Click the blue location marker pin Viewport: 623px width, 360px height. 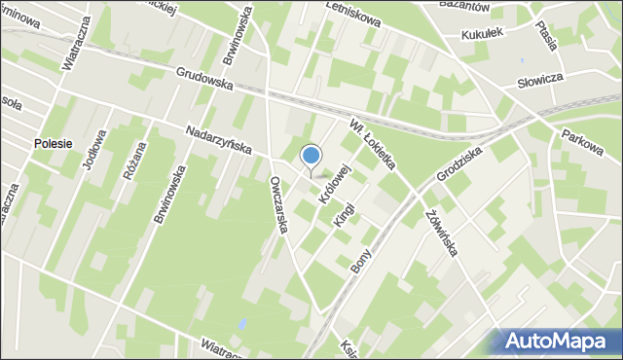(x=311, y=157)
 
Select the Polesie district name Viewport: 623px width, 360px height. (x=52, y=143)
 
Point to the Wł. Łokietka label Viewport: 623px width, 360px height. (x=374, y=143)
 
